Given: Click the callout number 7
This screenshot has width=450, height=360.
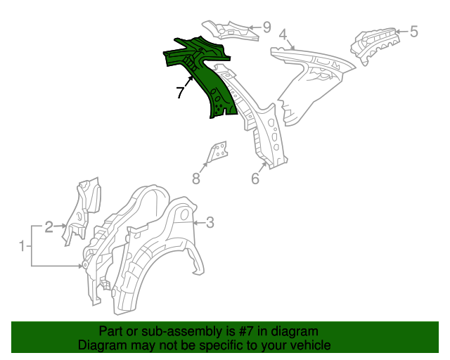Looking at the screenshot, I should pos(180,91).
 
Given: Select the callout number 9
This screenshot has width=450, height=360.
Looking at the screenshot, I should pos(266,27).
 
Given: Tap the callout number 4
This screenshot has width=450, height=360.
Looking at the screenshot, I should pos(283,34).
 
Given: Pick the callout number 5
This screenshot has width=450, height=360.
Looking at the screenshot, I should pos(413,31).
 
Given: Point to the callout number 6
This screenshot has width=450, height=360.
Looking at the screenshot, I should pos(255,179).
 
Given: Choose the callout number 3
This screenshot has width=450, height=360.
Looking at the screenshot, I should pos(210,224).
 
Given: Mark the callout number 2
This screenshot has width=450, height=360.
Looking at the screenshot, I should pos(49,226).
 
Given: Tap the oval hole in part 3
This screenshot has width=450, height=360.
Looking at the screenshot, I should pos(181,214).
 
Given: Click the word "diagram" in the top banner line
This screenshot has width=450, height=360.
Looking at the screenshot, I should pos(296,331).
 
